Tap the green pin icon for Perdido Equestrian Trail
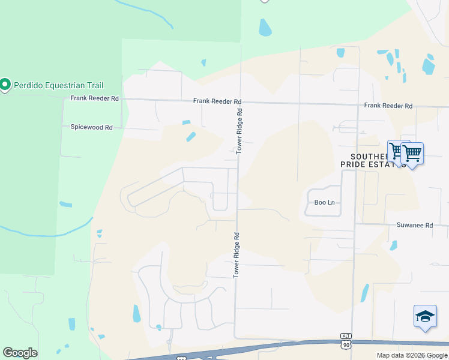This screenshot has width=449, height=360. [x=5, y=85]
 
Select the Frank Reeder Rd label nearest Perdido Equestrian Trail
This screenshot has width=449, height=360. [x=94, y=98]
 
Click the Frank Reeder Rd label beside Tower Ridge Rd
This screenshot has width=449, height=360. [x=217, y=101]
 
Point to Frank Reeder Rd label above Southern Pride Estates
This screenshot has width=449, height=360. [x=388, y=106]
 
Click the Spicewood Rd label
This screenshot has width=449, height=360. [x=91, y=127]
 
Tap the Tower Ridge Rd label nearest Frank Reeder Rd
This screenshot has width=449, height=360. [x=239, y=131]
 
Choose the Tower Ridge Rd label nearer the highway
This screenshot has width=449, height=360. [x=236, y=254]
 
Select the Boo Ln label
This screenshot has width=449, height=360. [x=324, y=202]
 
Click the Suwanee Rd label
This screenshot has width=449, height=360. [x=414, y=225]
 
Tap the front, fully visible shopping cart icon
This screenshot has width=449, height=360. [x=412, y=154]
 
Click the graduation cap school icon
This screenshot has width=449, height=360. [x=425, y=316]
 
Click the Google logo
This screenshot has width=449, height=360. [x=20, y=353]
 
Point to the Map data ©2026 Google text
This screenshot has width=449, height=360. [x=412, y=355]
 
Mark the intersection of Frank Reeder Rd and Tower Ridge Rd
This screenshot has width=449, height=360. [x=241, y=101]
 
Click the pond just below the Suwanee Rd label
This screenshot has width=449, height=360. [x=393, y=245]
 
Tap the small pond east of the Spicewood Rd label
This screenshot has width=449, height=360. [x=191, y=137]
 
